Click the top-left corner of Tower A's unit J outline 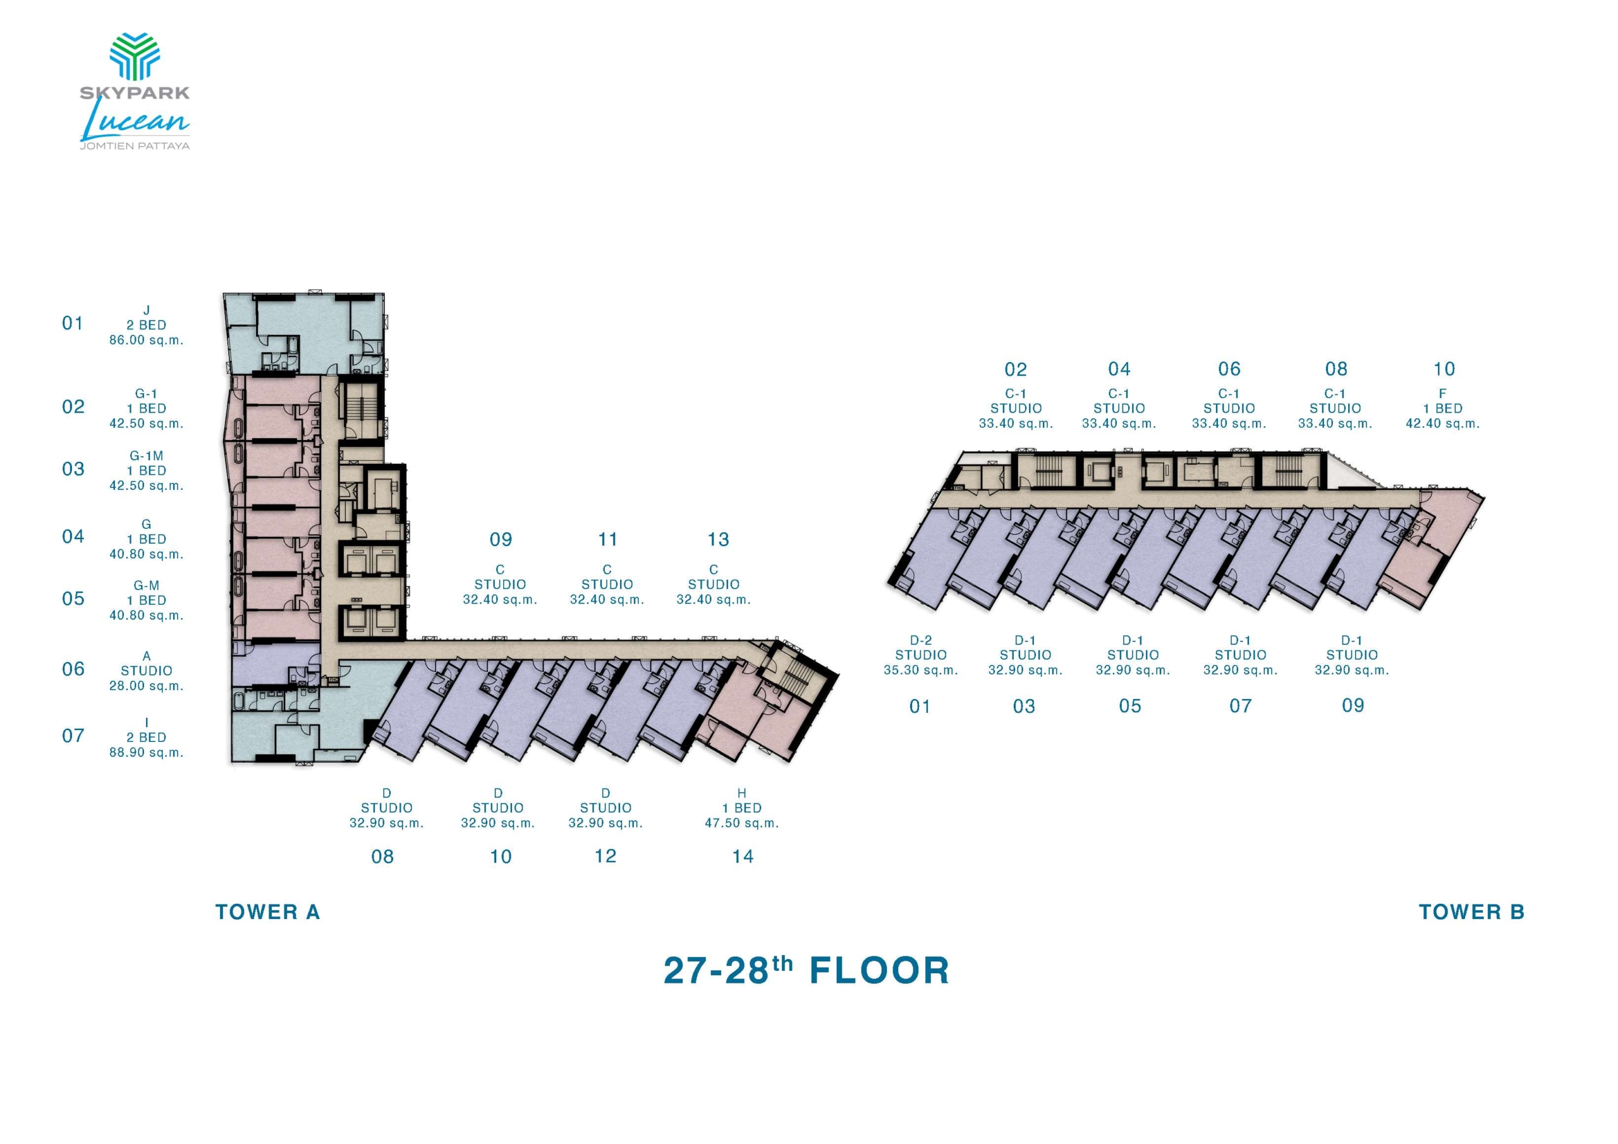pos(223,294)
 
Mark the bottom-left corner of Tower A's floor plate pos(232,763)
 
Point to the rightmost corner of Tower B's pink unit pos(1485,498)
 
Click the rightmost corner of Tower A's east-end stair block pos(839,674)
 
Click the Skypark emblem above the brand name pos(135,56)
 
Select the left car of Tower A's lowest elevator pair pos(357,623)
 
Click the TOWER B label pos(1471,912)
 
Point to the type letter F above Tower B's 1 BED pos(1442,394)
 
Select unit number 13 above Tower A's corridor pos(718,540)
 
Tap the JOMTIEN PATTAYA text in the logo pos(135,146)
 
